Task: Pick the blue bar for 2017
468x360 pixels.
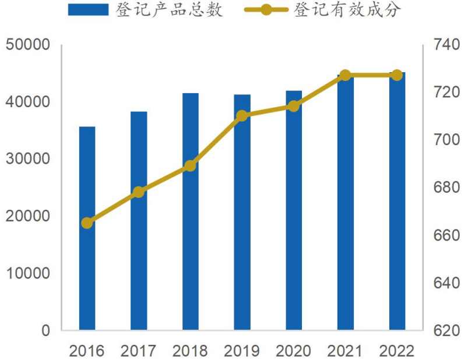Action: coord(139,221)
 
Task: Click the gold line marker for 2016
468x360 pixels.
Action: coord(87,223)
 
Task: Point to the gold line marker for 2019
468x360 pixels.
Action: coord(242,116)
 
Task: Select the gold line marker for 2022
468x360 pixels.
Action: coord(397,75)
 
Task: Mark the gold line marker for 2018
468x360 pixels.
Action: coord(190,166)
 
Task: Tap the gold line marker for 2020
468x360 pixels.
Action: coord(294,106)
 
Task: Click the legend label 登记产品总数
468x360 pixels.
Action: coord(170,10)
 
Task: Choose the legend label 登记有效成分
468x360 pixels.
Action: coord(347,10)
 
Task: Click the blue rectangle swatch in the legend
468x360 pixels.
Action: coord(88,10)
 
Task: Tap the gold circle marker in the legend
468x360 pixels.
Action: coord(266,10)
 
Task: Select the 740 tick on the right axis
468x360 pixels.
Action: coord(444,45)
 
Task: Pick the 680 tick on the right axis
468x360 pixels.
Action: coord(444,188)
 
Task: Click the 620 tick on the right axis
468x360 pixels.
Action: coord(444,331)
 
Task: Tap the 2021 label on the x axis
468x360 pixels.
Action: coord(345,351)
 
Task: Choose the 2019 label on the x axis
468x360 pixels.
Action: coord(242,351)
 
